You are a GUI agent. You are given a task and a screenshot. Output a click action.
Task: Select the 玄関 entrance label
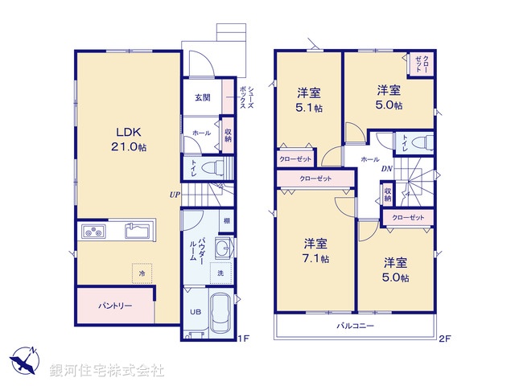click(202, 97)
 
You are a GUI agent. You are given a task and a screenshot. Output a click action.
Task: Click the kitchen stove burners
click(93, 232)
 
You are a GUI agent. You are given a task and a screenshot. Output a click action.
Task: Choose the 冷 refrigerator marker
click(142, 274)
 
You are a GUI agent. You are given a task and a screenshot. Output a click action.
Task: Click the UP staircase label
click(175, 194)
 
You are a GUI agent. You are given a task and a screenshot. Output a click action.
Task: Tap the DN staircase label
click(386, 168)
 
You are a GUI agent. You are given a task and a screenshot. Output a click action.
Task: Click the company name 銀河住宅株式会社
click(106, 370)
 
